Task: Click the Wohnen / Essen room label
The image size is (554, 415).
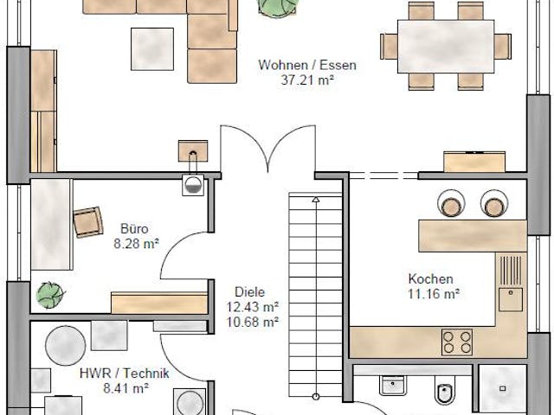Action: click(x=307, y=65)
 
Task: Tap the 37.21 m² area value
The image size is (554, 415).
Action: click(x=307, y=80)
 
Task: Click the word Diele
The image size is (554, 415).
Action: click(x=249, y=292)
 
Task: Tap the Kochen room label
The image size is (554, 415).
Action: click(x=430, y=278)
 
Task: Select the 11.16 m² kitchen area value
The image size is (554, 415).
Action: click(x=433, y=293)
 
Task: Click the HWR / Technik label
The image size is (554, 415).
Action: click(x=124, y=373)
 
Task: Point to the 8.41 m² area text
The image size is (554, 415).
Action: click(x=124, y=388)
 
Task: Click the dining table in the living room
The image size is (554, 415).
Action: click(x=446, y=46)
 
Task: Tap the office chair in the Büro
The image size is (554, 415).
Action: click(x=87, y=222)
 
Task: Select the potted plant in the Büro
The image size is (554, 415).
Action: click(x=50, y=295)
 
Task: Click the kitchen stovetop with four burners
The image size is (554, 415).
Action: click(x=457, y=342)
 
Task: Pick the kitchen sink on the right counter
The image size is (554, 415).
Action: click(x=509, y=298)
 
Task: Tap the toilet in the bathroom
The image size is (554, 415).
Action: click(x=445, y=393)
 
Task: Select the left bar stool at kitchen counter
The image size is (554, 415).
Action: click(x=451, y=204)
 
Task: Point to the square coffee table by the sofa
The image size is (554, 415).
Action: click(x=152, y=48)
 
